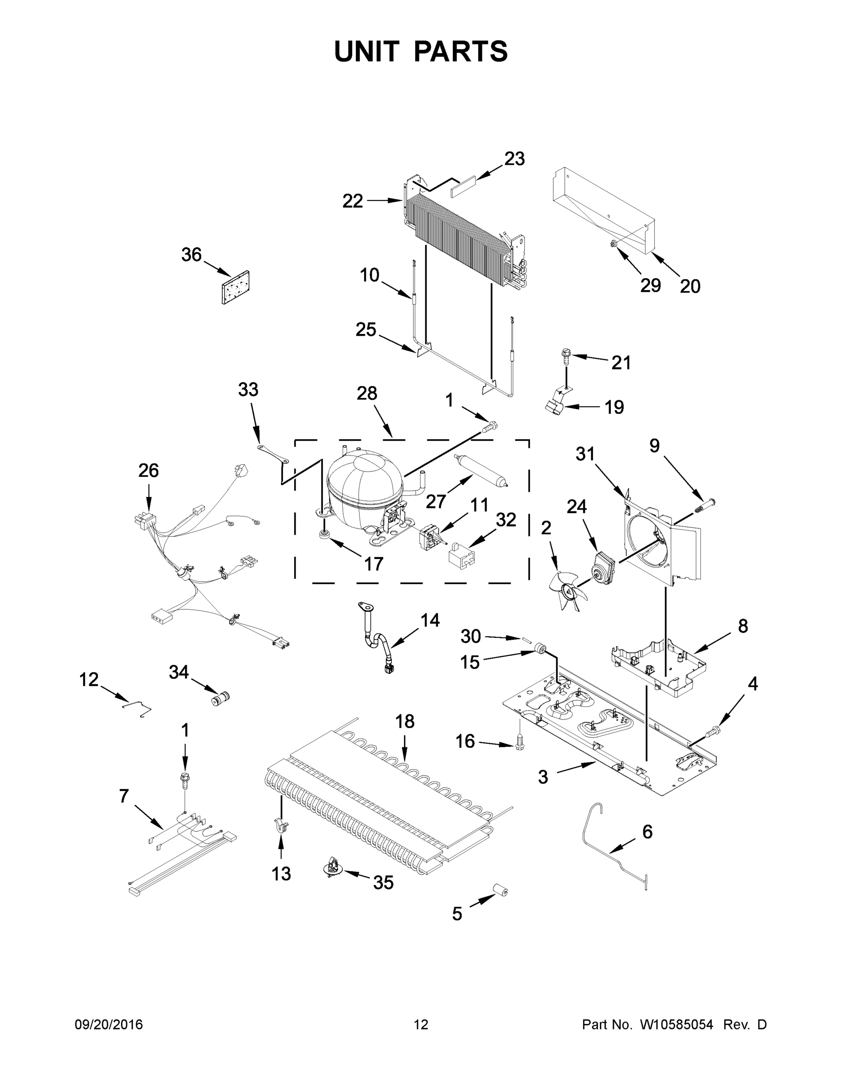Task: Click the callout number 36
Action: tap(191, 255)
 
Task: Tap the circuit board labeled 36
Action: tap(236, 287)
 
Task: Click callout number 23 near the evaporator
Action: tap(514, 159)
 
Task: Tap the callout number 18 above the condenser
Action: tap(404, 721)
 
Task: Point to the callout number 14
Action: tap(430, 620)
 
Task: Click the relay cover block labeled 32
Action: tap(461, 555)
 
